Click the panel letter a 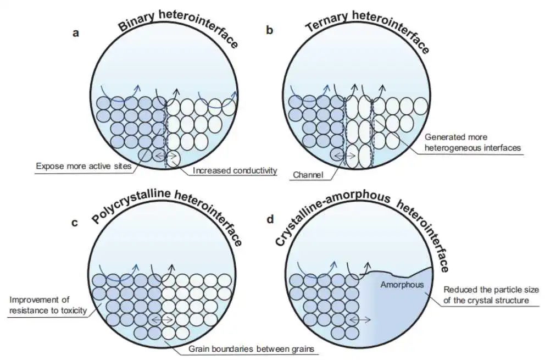[76, 33]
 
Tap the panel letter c [74, 223]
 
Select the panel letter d [270, 219]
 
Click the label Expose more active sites [84, 167]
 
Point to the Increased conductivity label [235, 170]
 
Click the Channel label [308, 175]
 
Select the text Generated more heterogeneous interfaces [472, 142]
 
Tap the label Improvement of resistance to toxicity [48, 305]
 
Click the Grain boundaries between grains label [251, 349]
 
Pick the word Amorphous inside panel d [402, 285]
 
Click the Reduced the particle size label [491, 290]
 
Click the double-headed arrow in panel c [162, 319]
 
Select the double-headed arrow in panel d [359, 319]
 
